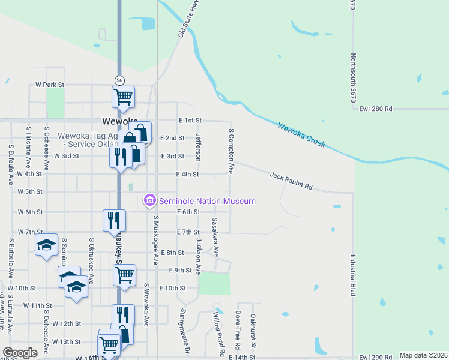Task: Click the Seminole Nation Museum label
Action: click(206, 201)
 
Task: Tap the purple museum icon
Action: click(149, 200)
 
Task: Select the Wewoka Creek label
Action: click(301, 135)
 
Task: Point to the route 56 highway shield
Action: click(120, 80)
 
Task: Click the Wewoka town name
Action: click(120, 120)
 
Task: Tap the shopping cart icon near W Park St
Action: click(123, 96)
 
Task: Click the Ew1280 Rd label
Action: click(376, 109)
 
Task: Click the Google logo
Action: click(20, 353)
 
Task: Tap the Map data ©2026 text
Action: click(423, 355)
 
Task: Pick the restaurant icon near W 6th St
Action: click(114, 220)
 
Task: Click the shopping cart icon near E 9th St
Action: click(124, 275)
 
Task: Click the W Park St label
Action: click(50, 85)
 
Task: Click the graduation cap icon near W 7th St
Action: click(46, 245)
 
